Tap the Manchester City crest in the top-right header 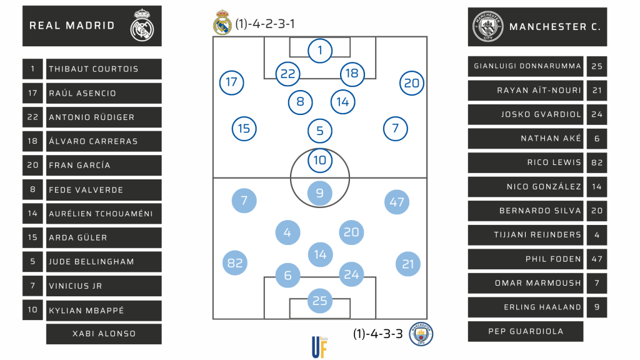tap(488, 26)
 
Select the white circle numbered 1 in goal tap(320, 51)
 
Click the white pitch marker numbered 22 tap(287, 74)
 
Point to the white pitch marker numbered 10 tap(320, 160)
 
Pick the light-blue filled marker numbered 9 tap(320, 193)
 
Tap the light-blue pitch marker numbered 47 tap(397, 202)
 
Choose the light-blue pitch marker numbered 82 tap(235, 263)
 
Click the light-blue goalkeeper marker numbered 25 tap(320, 301)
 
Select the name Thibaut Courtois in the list tap(94, 69)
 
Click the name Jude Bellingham tap(92, 261)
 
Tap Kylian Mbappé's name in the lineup tap(87, 310)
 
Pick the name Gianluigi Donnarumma tap(527, 66)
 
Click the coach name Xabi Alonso tap(104, 334)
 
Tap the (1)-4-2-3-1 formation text tap(265, 24)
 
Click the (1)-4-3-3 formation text tap(377, 334)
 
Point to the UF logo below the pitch tap(320, 347)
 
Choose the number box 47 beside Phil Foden tap(597, 259)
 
